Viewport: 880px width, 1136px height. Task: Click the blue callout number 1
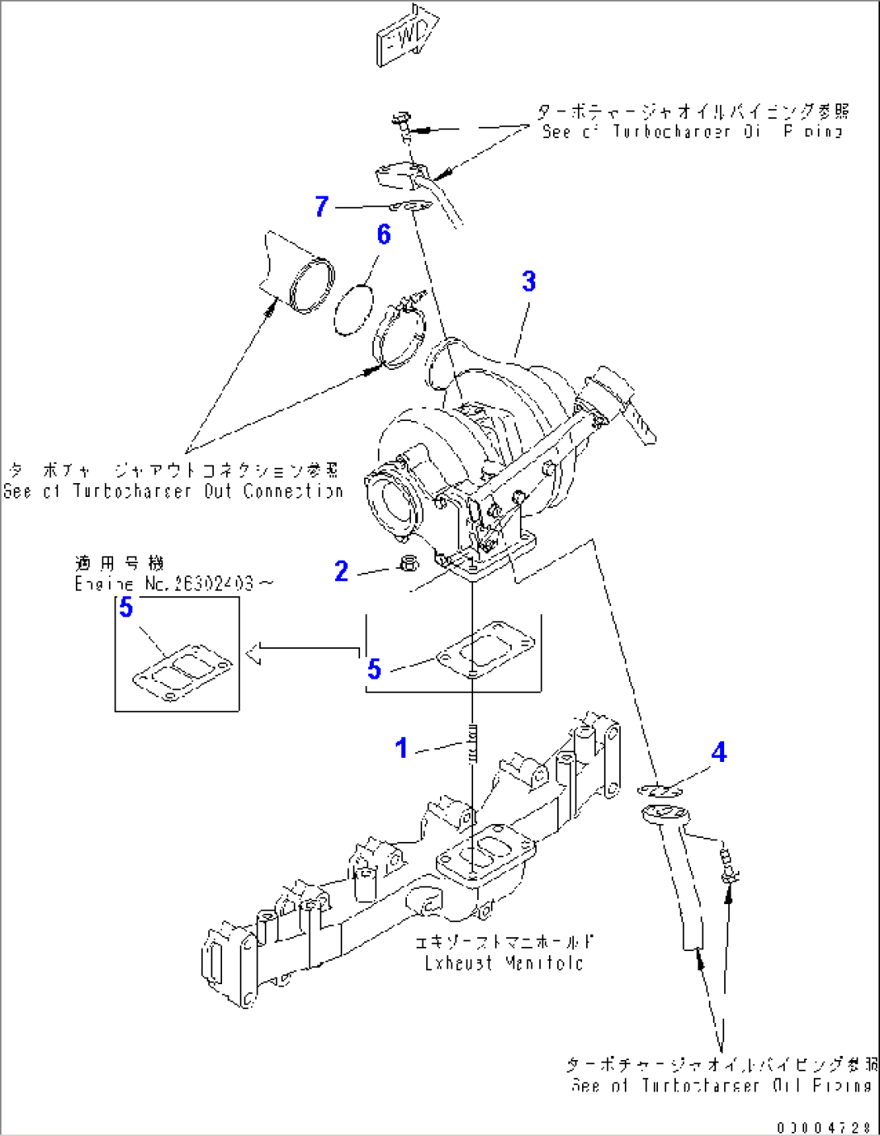click(401, 748)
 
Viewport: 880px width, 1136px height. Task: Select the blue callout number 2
click(342, 571)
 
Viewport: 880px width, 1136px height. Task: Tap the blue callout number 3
click(529, 281)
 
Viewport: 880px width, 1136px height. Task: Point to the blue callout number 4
click(719, 752)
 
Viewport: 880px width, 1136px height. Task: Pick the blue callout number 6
click(383, 234)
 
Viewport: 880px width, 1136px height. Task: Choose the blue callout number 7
click(322, 206)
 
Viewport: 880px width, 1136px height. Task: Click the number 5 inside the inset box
click(126, 607)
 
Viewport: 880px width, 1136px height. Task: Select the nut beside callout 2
click(409, 564)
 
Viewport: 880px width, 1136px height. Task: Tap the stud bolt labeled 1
click(474, 744)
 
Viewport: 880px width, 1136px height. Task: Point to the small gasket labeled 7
click(415, 207)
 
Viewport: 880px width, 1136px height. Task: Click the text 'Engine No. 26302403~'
click(174, 583)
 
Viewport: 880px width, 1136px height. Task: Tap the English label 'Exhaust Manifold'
click(504, 963)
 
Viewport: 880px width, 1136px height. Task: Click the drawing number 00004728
click(824, 1126)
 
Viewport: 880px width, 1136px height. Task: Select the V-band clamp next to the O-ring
click(399, 333)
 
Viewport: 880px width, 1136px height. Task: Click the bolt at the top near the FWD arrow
click(400, 123)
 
